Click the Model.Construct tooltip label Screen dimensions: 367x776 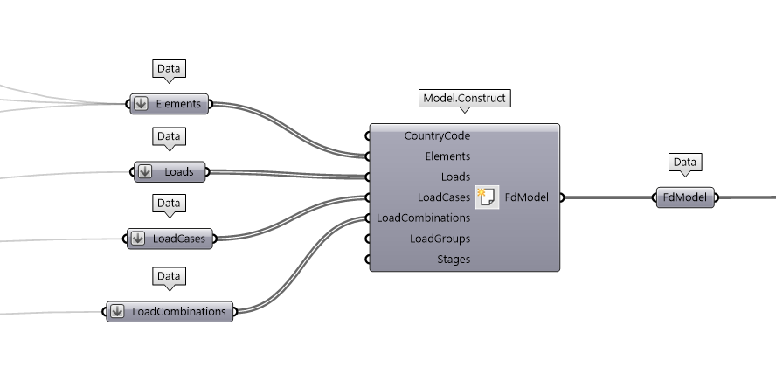(x=464, y=98)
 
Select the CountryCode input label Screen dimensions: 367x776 (x=437, y=135)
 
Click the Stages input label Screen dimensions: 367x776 (x=454, y=259)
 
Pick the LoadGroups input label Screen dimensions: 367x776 (x=440, y=239)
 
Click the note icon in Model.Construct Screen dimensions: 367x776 (x=487, y=197)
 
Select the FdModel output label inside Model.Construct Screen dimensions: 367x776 (x=527, y=197)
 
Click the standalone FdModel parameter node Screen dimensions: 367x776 (x=684, y=197)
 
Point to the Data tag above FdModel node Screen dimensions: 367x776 (x=685, y=162)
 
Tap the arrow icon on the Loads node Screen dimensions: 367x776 (x=146, y=171)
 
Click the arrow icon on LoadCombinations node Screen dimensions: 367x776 (x=117, y=311)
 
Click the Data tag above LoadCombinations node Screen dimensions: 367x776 (x=168, y=276)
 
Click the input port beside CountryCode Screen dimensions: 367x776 (x=368, y=136)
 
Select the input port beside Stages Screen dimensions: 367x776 (x=368, y=260)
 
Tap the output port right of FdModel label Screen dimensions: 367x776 (x=561, y=197)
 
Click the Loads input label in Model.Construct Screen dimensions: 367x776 (x=455, y=177)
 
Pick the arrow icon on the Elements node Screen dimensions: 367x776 (x=141, y=104)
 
